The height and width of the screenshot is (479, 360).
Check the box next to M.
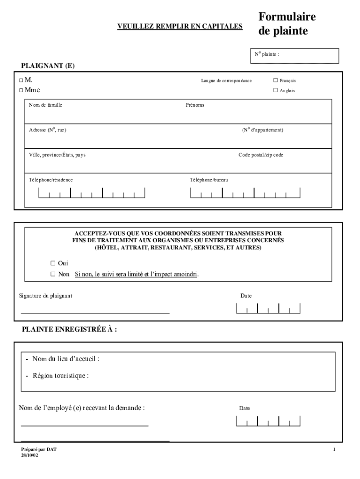[x=21, y=80]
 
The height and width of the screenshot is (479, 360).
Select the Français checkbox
[x=275, y=80]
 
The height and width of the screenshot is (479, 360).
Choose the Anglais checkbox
[x=275, y=90]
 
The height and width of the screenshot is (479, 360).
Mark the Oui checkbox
[x=53, y=263]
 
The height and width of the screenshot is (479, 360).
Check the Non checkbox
[x=53, y=274]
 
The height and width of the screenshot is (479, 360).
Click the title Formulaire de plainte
[x=287, y=24]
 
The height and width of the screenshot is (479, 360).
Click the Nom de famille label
[x=46, y=105]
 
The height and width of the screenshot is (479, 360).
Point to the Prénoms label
[x=195, y=105]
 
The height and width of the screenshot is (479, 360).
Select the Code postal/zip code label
[x=260, y=155]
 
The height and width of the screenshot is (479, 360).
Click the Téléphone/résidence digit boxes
[x=92, y=193]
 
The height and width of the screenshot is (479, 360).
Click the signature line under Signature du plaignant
[x=95, y=312]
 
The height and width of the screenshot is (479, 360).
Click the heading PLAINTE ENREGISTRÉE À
[x=70, y=329]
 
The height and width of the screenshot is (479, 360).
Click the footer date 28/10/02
[x=30, y=455]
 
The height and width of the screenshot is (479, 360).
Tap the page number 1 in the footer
[x=334, y=450]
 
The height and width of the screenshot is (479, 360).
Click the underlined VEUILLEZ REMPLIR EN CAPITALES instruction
[x=180, y=27]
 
